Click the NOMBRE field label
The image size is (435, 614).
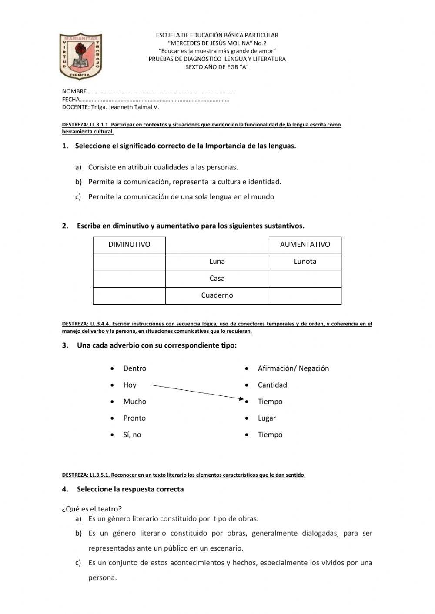(74, 92)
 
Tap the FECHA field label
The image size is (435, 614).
(71, 100)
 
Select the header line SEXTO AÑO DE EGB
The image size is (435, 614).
(217, 67)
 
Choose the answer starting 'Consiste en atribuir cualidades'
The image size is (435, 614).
(163, 167)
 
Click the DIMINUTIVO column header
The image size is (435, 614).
(129, 245)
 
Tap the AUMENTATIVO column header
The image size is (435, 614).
(305, 245)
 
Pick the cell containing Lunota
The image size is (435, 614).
(305, 262)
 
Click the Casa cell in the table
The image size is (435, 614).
(217, 279)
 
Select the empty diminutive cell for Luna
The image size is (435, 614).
(129, 262)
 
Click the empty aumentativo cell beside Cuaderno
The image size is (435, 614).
(305, 295)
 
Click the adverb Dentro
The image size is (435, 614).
(135, 368)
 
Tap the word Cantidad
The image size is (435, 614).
(272, 385)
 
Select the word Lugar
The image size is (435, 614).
(267, 418)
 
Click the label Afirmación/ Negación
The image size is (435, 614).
(293, 368)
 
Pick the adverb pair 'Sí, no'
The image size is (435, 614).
(132, 435)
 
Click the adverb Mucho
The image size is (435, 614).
(135, 402)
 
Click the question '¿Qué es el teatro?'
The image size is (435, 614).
(92, 509)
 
